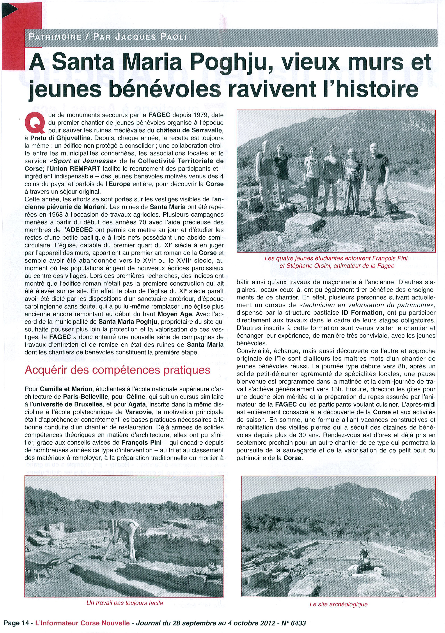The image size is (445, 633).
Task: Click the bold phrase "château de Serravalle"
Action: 190,130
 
